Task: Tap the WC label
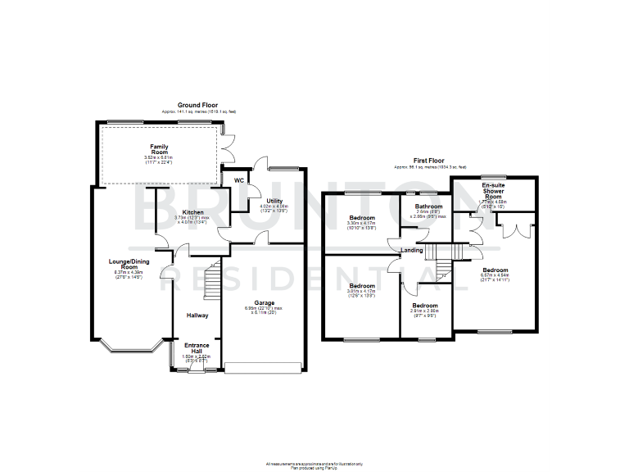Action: (x=240, y=179)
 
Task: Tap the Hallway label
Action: (x=197, y=315)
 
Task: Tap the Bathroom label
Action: (x=428, y=206)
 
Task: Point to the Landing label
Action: (x=411, y=250)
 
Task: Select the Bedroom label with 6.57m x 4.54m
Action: (x=495, y=270)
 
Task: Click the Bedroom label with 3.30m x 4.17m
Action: (x=361, y=217)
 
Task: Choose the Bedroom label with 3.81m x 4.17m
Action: (x=361, y=286)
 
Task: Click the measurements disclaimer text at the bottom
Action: (x=314, y=464)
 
